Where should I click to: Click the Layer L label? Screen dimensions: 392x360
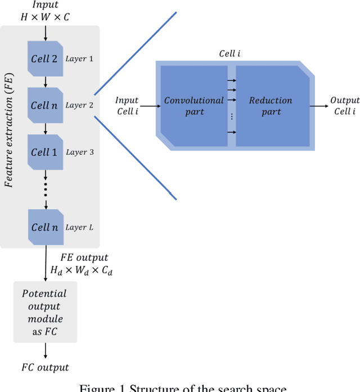(79, 227)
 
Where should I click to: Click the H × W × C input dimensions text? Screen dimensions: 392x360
(46, 16)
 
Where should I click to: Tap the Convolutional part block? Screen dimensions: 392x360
(193, 106)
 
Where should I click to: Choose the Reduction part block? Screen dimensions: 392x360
(271, 106)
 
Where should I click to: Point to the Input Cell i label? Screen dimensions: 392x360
(127, 105)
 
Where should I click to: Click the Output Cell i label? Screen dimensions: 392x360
(344, 106)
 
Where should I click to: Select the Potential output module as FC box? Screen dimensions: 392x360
(44, 312)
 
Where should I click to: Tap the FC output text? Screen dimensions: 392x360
(45, 367)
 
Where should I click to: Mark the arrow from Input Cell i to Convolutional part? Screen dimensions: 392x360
(150, 105)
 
